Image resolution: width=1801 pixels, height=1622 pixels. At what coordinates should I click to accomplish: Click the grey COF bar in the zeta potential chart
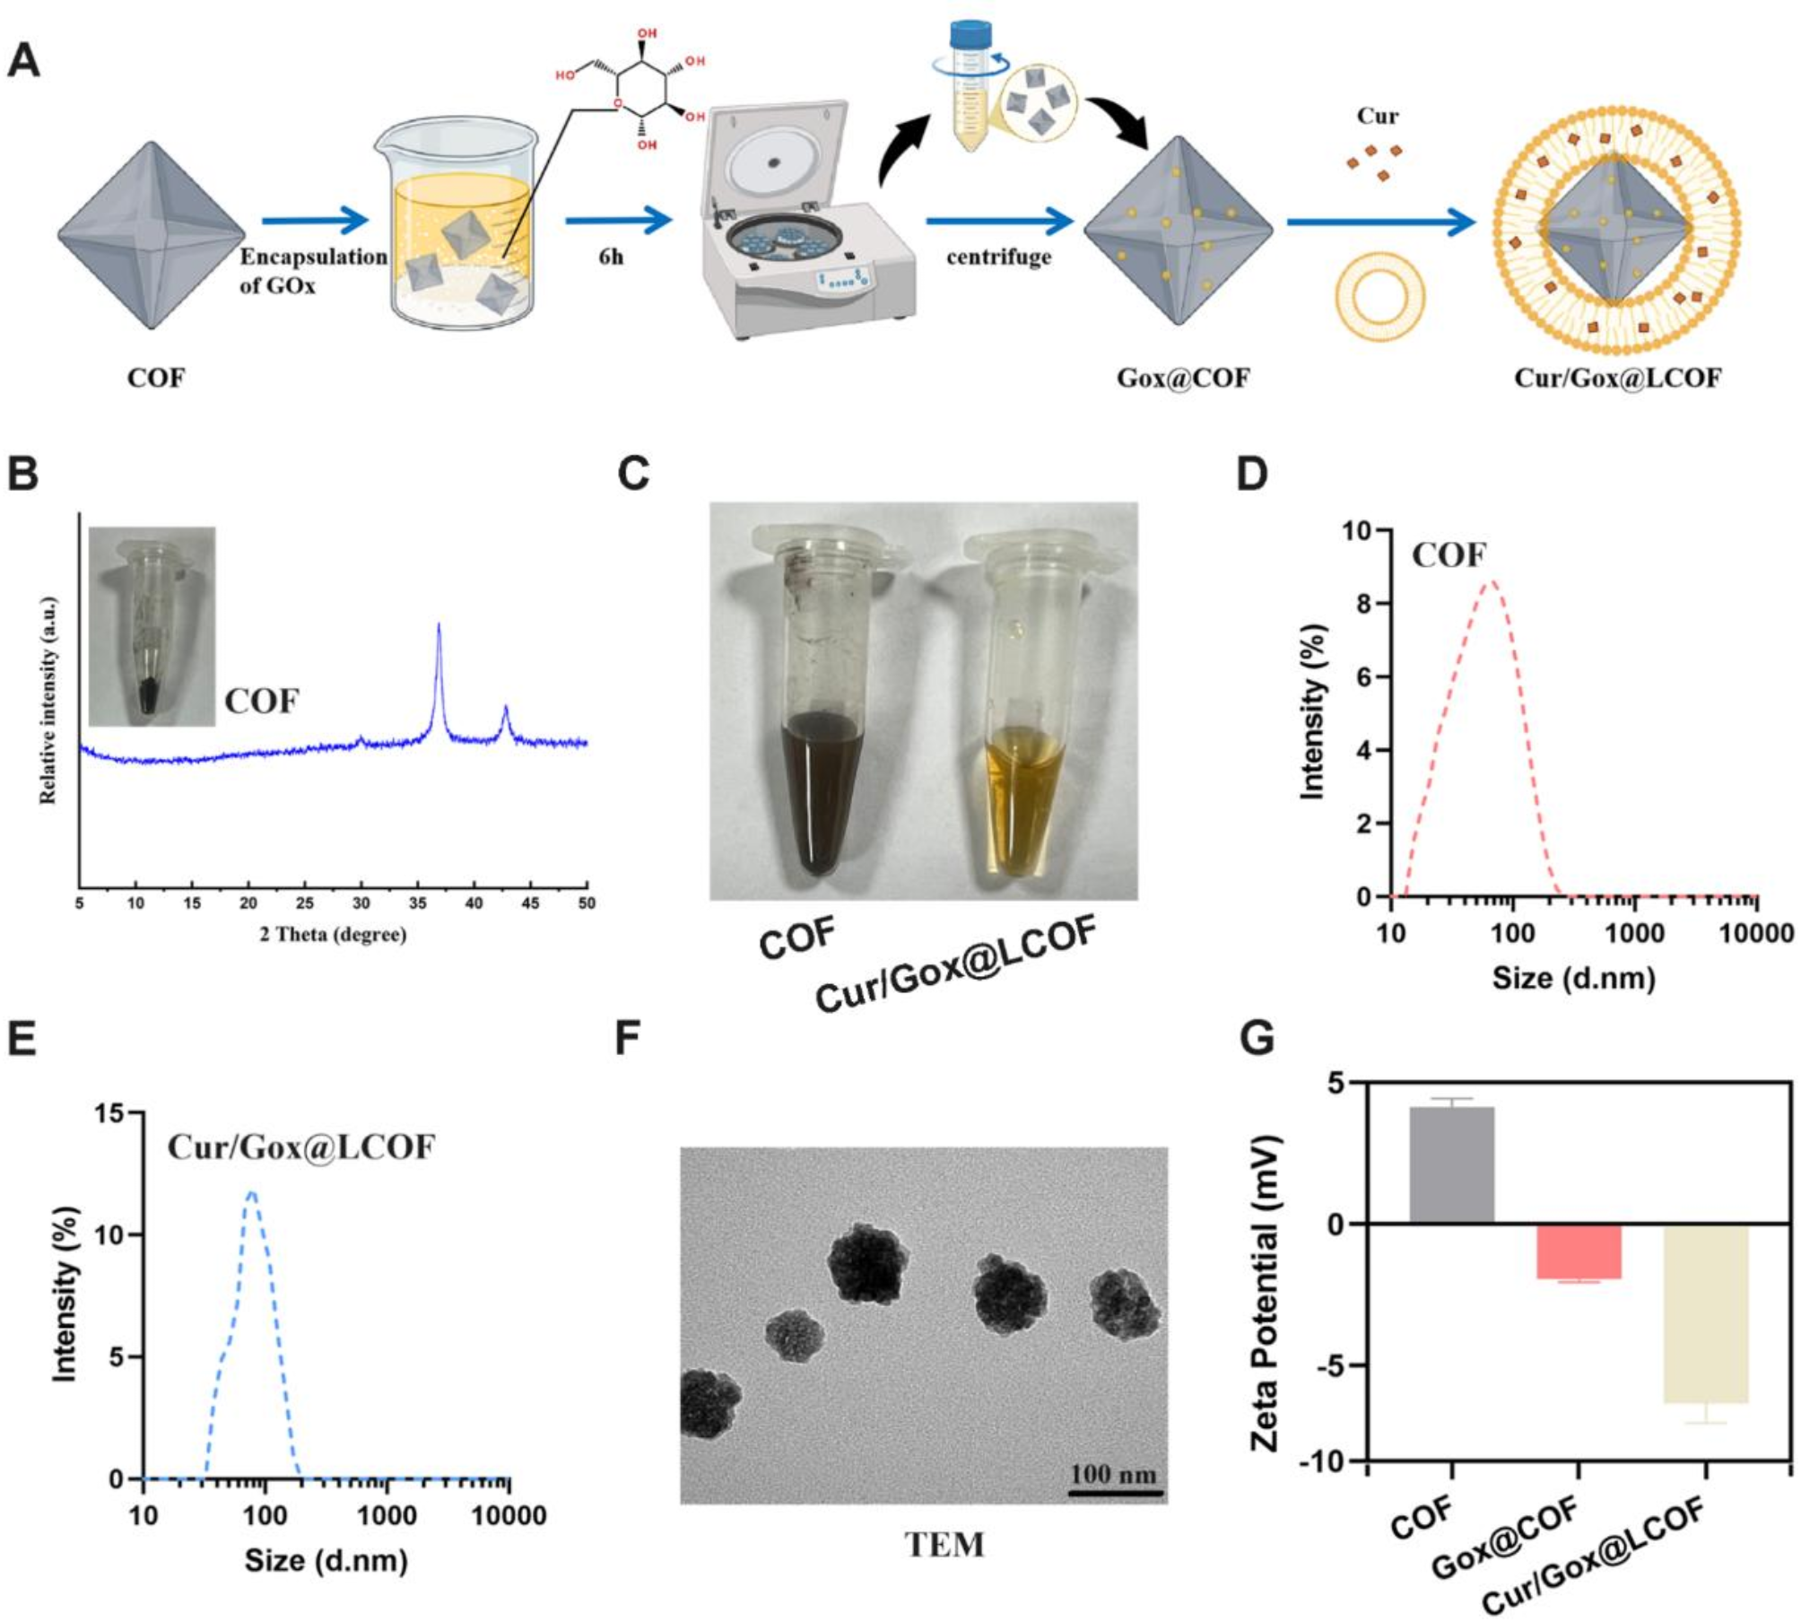1451,1165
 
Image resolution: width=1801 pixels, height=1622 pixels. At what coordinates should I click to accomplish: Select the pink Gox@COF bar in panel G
1578,1251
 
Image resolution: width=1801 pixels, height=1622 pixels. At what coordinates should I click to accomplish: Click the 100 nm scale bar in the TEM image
1115,1493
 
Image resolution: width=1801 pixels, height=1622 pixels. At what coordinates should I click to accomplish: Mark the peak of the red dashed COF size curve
1492,582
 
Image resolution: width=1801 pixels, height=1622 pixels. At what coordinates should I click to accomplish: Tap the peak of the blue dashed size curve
252,1192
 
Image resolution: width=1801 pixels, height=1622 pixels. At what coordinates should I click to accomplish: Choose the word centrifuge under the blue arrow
998,257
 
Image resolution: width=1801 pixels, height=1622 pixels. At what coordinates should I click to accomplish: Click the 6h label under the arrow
612,257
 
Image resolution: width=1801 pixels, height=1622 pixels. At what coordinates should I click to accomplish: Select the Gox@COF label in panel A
1182,378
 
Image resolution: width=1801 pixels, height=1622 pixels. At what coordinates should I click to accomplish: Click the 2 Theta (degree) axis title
333,935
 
